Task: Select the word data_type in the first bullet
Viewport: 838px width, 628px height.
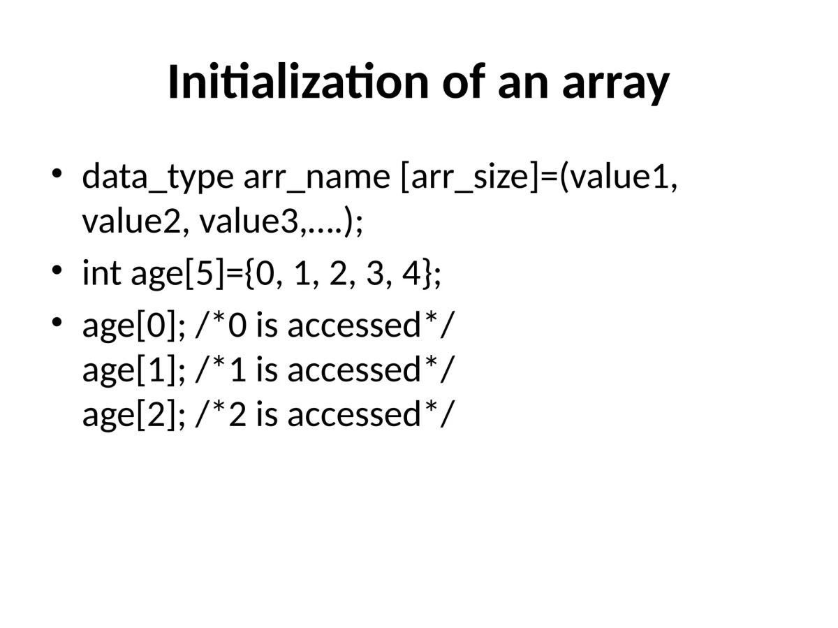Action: [157, 177]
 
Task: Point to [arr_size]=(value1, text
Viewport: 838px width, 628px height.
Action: [539, 177]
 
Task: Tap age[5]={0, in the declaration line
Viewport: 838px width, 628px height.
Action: [203, 274]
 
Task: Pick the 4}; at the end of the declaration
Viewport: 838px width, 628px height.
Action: [422, 274]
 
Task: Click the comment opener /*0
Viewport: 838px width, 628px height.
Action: [221, 326]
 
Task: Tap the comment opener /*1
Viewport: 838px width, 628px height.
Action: [221, 370]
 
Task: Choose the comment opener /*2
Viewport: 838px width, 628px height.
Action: [221, 414]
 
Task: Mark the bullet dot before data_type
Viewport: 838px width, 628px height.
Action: [58, 172]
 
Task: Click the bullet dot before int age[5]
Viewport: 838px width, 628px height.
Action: [58, 269]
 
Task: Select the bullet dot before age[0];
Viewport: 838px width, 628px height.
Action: [58, 321]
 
